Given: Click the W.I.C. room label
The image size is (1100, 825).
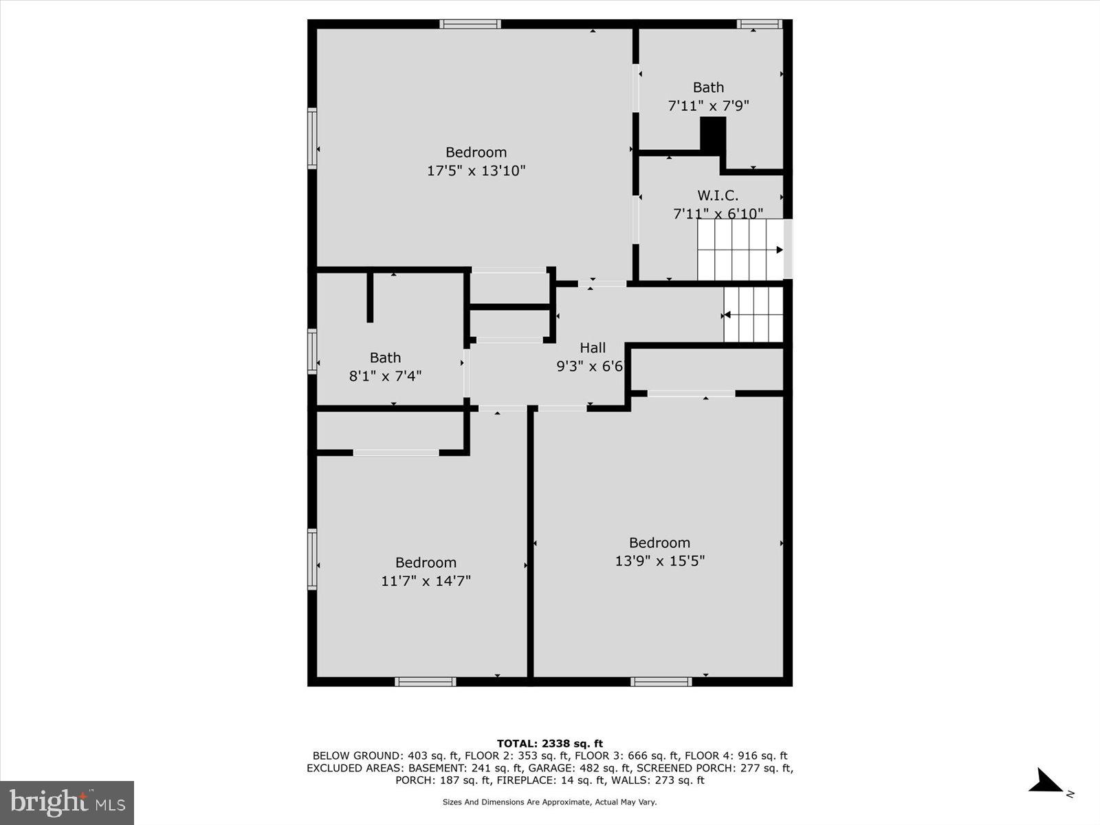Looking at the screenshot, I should point(718,196).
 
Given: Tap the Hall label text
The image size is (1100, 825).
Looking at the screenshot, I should point(592,348).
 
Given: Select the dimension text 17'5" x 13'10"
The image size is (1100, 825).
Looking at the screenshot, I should point(476,170).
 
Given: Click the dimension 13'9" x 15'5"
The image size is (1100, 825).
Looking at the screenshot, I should point(659,561).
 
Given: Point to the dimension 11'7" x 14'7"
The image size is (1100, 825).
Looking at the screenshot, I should point(426,581).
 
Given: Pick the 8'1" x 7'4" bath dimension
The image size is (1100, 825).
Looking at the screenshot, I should point(385,376).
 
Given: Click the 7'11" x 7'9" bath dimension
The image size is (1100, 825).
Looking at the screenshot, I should point(708,106).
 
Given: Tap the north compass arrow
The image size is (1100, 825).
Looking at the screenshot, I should point(1046,782).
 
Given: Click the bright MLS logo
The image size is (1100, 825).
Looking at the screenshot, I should point(67,802).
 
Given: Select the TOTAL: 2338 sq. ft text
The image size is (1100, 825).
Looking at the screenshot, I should point(549,743).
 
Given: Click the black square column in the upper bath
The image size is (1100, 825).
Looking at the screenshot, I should point(713,134).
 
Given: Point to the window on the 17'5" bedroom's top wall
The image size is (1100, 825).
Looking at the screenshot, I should point(470,24).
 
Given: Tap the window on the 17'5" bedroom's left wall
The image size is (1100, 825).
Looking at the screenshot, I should point(312,138).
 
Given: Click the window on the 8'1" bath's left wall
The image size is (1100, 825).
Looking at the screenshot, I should point(312,351).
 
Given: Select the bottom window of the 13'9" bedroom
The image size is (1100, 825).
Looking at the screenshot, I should point(661,681).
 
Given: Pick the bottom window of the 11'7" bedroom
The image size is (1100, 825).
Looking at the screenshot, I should point(425,681).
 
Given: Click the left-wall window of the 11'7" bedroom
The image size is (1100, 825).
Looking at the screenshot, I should point(312,559).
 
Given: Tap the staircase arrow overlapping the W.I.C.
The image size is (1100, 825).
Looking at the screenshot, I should point(779,250).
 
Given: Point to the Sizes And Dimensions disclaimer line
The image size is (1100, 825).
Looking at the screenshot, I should point(549,802).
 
